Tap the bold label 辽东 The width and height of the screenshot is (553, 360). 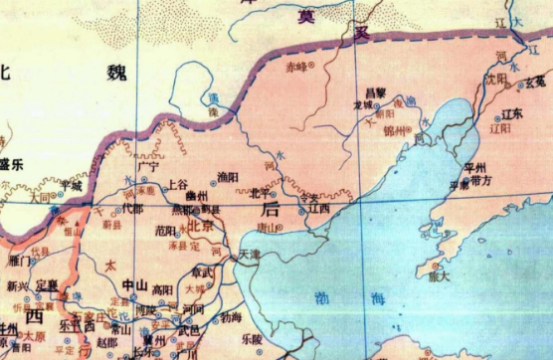[512, 115]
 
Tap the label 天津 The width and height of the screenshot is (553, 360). [250, 255]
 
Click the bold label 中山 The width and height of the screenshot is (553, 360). [133, 284]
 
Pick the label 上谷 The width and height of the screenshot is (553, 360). [178, 184]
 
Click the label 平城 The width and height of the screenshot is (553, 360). [70, 184]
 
